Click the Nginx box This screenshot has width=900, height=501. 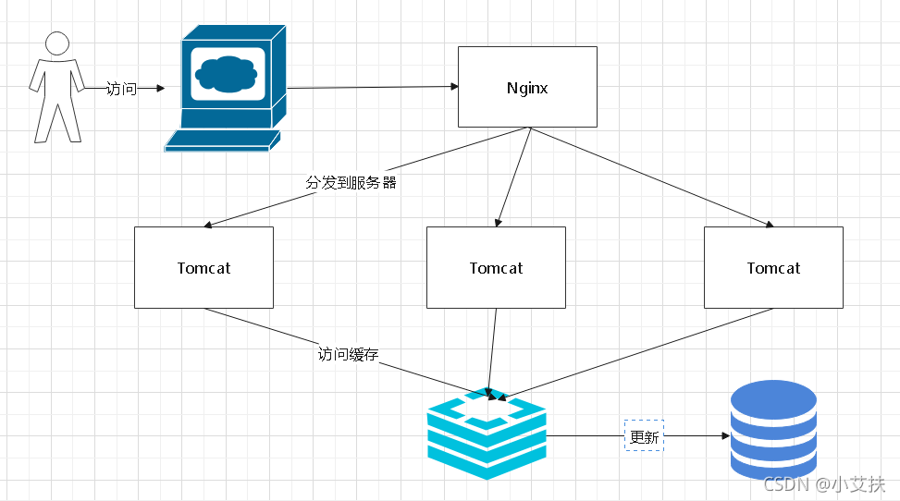click(x=527, y=87)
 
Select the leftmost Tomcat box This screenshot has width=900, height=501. click(x=203, y=267)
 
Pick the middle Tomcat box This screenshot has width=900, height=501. click(x=496, y=267)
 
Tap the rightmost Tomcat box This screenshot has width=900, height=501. click(x=773, y=267)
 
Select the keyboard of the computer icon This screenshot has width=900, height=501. click(x=222, y=141)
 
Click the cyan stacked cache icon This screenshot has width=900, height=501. click(x=487, y=434)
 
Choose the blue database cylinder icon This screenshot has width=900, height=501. click(x=773, y=428)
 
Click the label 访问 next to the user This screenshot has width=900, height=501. click(x=121, y=89)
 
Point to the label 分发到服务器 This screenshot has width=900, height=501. click(x=351, y=182)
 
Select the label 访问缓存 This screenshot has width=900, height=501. click(x=348, y=353)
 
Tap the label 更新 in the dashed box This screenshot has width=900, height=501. click(x=644, y=436)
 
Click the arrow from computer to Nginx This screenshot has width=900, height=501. click(x=370, y=87)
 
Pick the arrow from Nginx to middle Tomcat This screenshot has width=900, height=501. click(x=514, y=176)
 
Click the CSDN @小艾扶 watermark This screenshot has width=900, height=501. click(x=824, y=483)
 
